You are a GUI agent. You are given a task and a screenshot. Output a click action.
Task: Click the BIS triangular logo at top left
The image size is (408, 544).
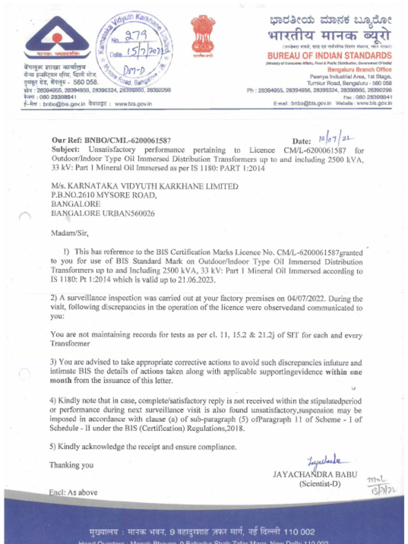pos(56,39)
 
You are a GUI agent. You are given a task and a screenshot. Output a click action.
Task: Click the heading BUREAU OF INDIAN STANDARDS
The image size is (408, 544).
pos(329,56)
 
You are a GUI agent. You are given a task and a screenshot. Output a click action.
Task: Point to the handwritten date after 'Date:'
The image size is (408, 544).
pos(336,139)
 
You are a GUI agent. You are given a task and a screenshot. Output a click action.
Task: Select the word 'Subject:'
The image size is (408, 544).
pos(67,150)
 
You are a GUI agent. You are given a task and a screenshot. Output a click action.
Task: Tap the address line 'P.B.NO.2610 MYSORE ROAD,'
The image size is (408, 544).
pos(104,195)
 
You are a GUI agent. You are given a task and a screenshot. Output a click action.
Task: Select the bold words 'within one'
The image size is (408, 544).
pos(343,371)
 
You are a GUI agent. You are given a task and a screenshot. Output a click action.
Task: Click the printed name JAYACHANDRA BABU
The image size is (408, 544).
pos(315,474)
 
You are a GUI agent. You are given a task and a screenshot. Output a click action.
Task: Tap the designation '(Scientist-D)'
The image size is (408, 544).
pos(320,484)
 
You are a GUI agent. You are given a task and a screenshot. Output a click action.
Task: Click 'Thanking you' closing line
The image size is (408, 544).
pos(71,465)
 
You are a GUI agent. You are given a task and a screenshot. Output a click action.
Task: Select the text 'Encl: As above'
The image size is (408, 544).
pos(73,492)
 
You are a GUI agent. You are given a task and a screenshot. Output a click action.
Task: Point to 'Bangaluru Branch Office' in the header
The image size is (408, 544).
pos(360,70)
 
